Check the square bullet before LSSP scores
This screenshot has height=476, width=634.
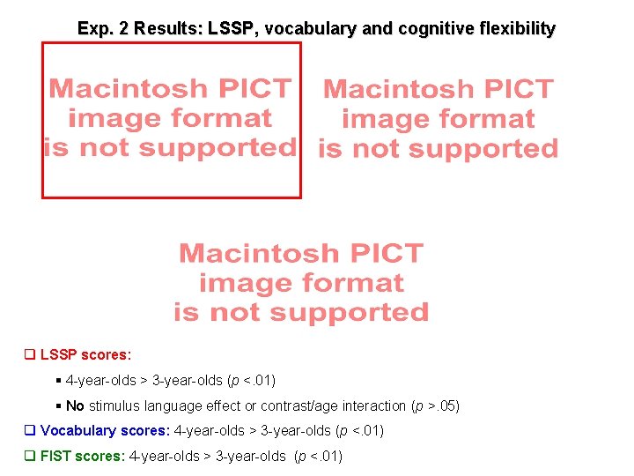pyautogui.click(x=29, y=355)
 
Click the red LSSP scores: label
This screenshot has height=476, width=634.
pyautogui.click(x=86, y=355)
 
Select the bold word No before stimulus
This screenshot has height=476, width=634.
pyautogui.click(x=75, y=406)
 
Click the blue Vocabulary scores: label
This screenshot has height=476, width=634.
pyautogui.click(x=106, y=431)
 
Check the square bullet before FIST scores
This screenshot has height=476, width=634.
pyautogui.click(x=29, y=456)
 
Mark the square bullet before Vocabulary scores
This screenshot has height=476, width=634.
pyautogui.click(x=29, y=431)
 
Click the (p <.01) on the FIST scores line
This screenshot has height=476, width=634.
pyautogui.click(x=318, y=456)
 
